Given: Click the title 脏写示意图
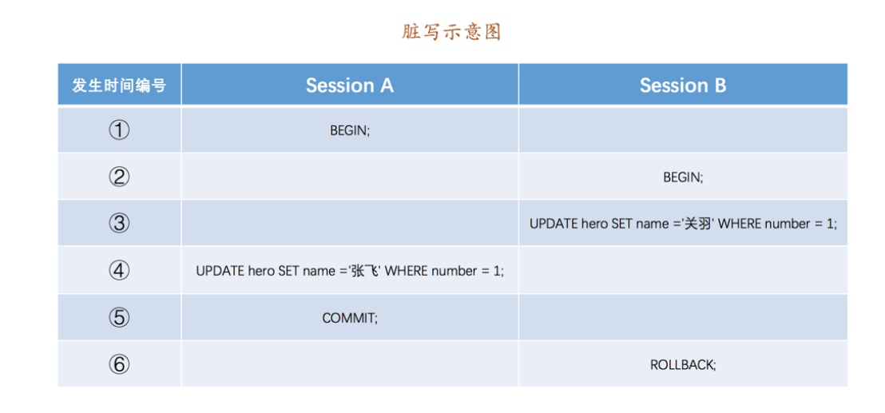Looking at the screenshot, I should [451, 32].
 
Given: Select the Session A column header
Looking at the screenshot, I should [349, 85].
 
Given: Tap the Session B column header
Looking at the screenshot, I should [683, 85].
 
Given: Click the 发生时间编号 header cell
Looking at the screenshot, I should [119, 85].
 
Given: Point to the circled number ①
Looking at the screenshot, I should [119, 130].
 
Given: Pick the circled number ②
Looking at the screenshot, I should [119, 177].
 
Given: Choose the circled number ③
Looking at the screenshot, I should [119, 224].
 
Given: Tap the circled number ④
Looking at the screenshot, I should [119, 271].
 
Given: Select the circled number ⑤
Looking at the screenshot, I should [119, 318].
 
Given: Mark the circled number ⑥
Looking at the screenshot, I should [119, 364].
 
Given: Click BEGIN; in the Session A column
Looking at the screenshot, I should [350, 131].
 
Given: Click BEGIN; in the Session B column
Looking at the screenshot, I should [683, 177].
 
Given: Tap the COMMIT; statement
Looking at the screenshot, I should [350, 318].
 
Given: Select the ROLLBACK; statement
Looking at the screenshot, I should [683, 365].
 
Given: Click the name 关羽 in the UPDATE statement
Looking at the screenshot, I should [698, 224].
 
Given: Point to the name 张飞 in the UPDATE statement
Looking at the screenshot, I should [365, 271].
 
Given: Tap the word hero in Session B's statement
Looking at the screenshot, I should [594, 224].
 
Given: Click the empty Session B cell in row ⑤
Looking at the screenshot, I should [683, 318].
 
